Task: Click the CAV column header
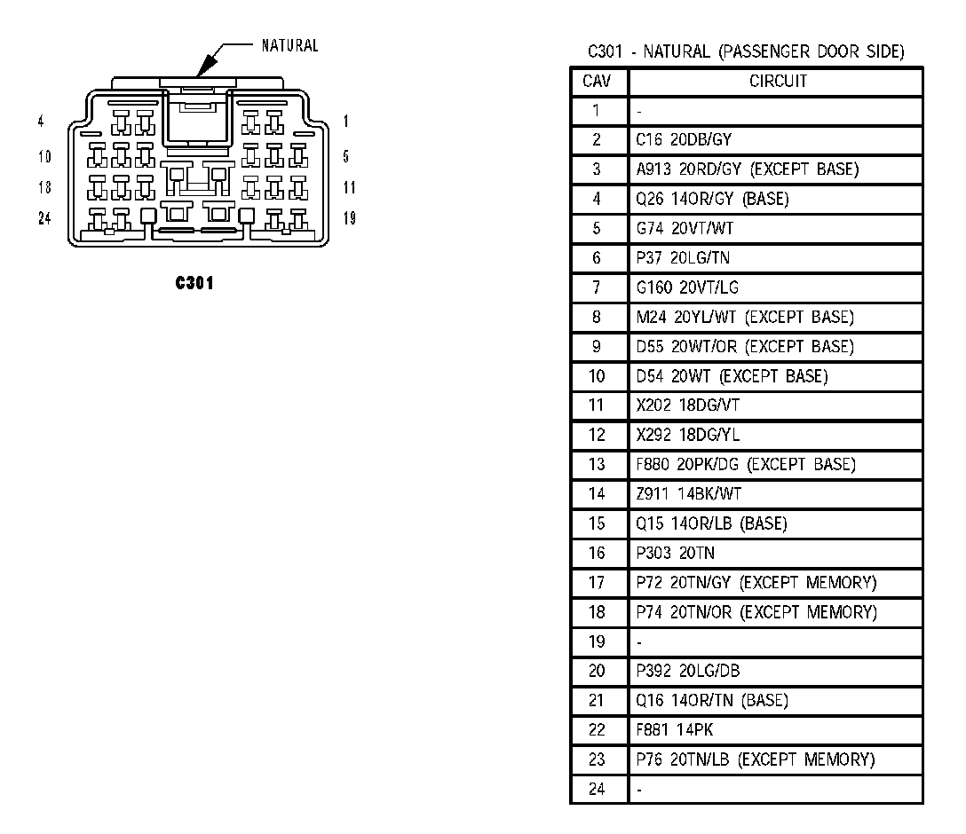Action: tap(597, 81)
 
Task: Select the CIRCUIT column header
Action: tap(778, 81)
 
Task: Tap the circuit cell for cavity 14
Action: tap(677, 494)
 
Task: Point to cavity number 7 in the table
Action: tap(597, 287)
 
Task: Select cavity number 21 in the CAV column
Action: tap(597, 701)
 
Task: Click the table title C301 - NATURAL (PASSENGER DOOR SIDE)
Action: tap(746, 52)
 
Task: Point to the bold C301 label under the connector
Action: tap(194, 283)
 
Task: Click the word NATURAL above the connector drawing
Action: tap(289, 46)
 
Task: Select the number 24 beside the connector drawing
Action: tap(44, 218)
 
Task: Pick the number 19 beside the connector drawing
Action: tap(350, 218)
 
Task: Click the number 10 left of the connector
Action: tap(44, 157)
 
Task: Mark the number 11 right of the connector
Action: tap(349, 187)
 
